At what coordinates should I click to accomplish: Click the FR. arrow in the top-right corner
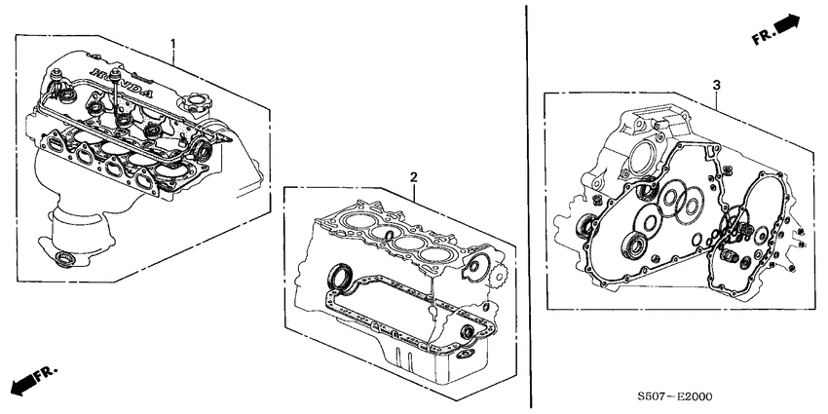(x=775, y=31)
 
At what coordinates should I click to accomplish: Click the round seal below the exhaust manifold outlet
(x=69, y=258)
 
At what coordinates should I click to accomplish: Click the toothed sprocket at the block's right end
(x=476, y=266)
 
